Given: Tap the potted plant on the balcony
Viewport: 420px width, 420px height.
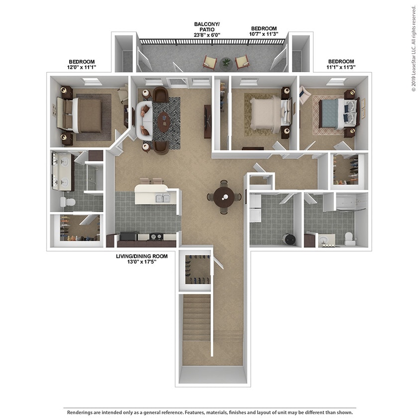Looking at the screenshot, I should pos(227,63).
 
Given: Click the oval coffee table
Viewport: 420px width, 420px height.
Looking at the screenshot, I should pos(163,121).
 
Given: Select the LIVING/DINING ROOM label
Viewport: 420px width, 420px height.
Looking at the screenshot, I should pos(139,256).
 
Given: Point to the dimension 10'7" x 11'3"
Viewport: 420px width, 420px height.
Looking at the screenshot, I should pos(264,35).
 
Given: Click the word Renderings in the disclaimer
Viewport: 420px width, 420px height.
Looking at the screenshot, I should pos(81,413).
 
